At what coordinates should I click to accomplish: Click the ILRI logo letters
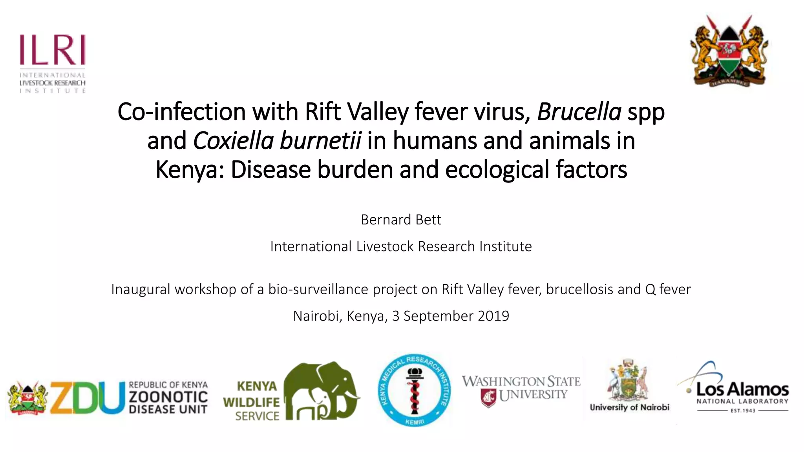click(52, 50)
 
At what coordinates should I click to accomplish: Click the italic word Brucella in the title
click(579, 111)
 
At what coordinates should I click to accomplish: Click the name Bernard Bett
click(401, 220)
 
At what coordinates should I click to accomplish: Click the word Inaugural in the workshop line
click(141, 290)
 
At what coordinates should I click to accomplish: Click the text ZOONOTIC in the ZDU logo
click(168, 397)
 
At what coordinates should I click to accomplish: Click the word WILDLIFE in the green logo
click(251, 402)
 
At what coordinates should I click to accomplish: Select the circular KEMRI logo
click(414, 390)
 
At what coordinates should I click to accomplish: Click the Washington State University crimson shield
click(488, 397)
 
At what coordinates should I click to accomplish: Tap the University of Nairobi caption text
click(629, 407)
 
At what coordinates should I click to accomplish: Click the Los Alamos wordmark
click(742, 389)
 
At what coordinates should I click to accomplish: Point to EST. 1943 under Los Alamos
click(743, 411)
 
